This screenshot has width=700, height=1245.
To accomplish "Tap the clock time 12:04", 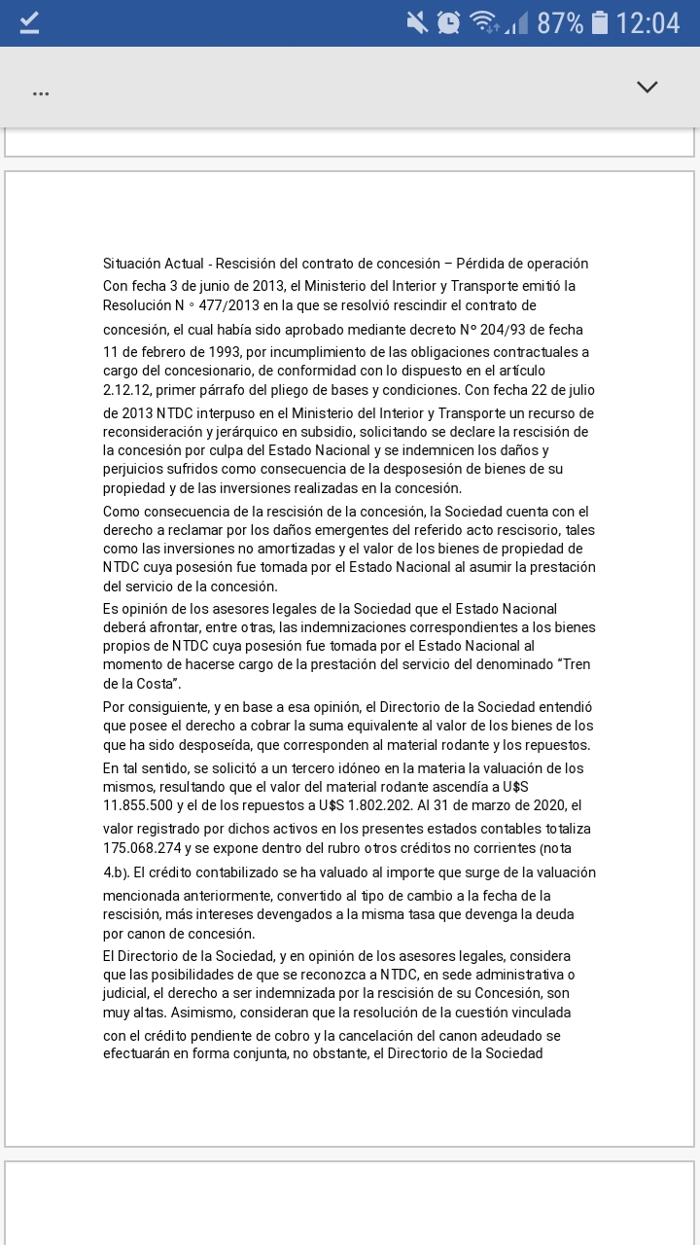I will point(647,23).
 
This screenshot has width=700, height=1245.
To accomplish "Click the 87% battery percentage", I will point(560,23).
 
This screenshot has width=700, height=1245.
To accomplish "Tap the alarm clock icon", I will point(448,22).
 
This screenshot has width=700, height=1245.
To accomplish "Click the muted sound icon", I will point(417,22).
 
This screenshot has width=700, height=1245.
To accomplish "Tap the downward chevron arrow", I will point(647,88).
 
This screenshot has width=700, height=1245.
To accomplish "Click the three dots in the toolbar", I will point(41,93).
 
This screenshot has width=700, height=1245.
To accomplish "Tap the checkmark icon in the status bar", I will point(29,23).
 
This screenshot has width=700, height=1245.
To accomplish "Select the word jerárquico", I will point(255,432).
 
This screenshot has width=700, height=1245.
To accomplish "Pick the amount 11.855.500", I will point(145,805).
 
